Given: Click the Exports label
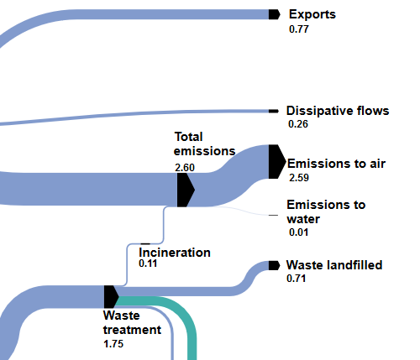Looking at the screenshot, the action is pos(312,14).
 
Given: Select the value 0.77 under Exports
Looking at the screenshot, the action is pos(299,29).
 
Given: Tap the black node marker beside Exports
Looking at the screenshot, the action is pos(274,14).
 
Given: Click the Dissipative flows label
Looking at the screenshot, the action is pos(338,111).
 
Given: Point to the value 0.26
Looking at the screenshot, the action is pos(298,124).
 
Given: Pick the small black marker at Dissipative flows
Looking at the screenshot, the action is pos(274,112).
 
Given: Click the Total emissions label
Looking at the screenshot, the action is pos(204,144).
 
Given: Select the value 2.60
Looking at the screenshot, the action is pos(185,168).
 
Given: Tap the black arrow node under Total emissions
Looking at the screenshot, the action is pos(186,190).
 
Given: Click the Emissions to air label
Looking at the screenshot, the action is pos(336,164).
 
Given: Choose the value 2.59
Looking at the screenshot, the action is pos(299,178).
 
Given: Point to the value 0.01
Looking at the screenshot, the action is pos(298,232).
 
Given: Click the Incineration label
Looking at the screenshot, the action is pos(175,253).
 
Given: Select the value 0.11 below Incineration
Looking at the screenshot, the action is pos(148,263).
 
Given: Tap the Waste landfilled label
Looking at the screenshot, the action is pos(334,265).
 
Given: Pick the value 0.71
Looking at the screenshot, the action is pos(296,279).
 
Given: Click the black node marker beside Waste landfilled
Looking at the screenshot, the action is pos(274,265).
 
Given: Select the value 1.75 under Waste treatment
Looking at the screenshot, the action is pos(113,344).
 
